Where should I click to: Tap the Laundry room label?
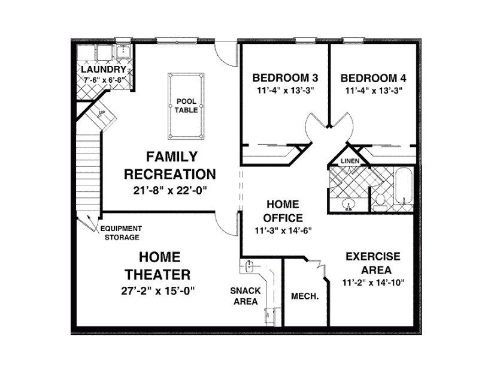103,70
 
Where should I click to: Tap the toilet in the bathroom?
379,203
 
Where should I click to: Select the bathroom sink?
349,205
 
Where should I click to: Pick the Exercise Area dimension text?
373,283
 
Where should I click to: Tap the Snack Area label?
245,296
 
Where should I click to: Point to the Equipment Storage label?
121,233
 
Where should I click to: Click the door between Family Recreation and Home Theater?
226,225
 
